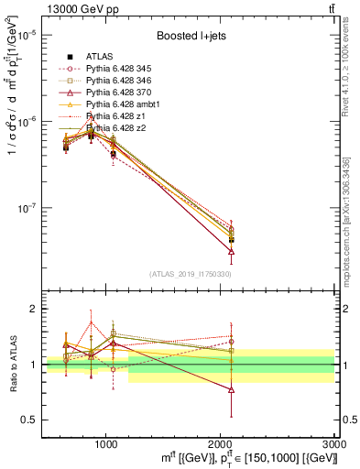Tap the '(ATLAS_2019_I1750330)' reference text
(191, 274)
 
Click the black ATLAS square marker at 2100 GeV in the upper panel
(231, 239)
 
